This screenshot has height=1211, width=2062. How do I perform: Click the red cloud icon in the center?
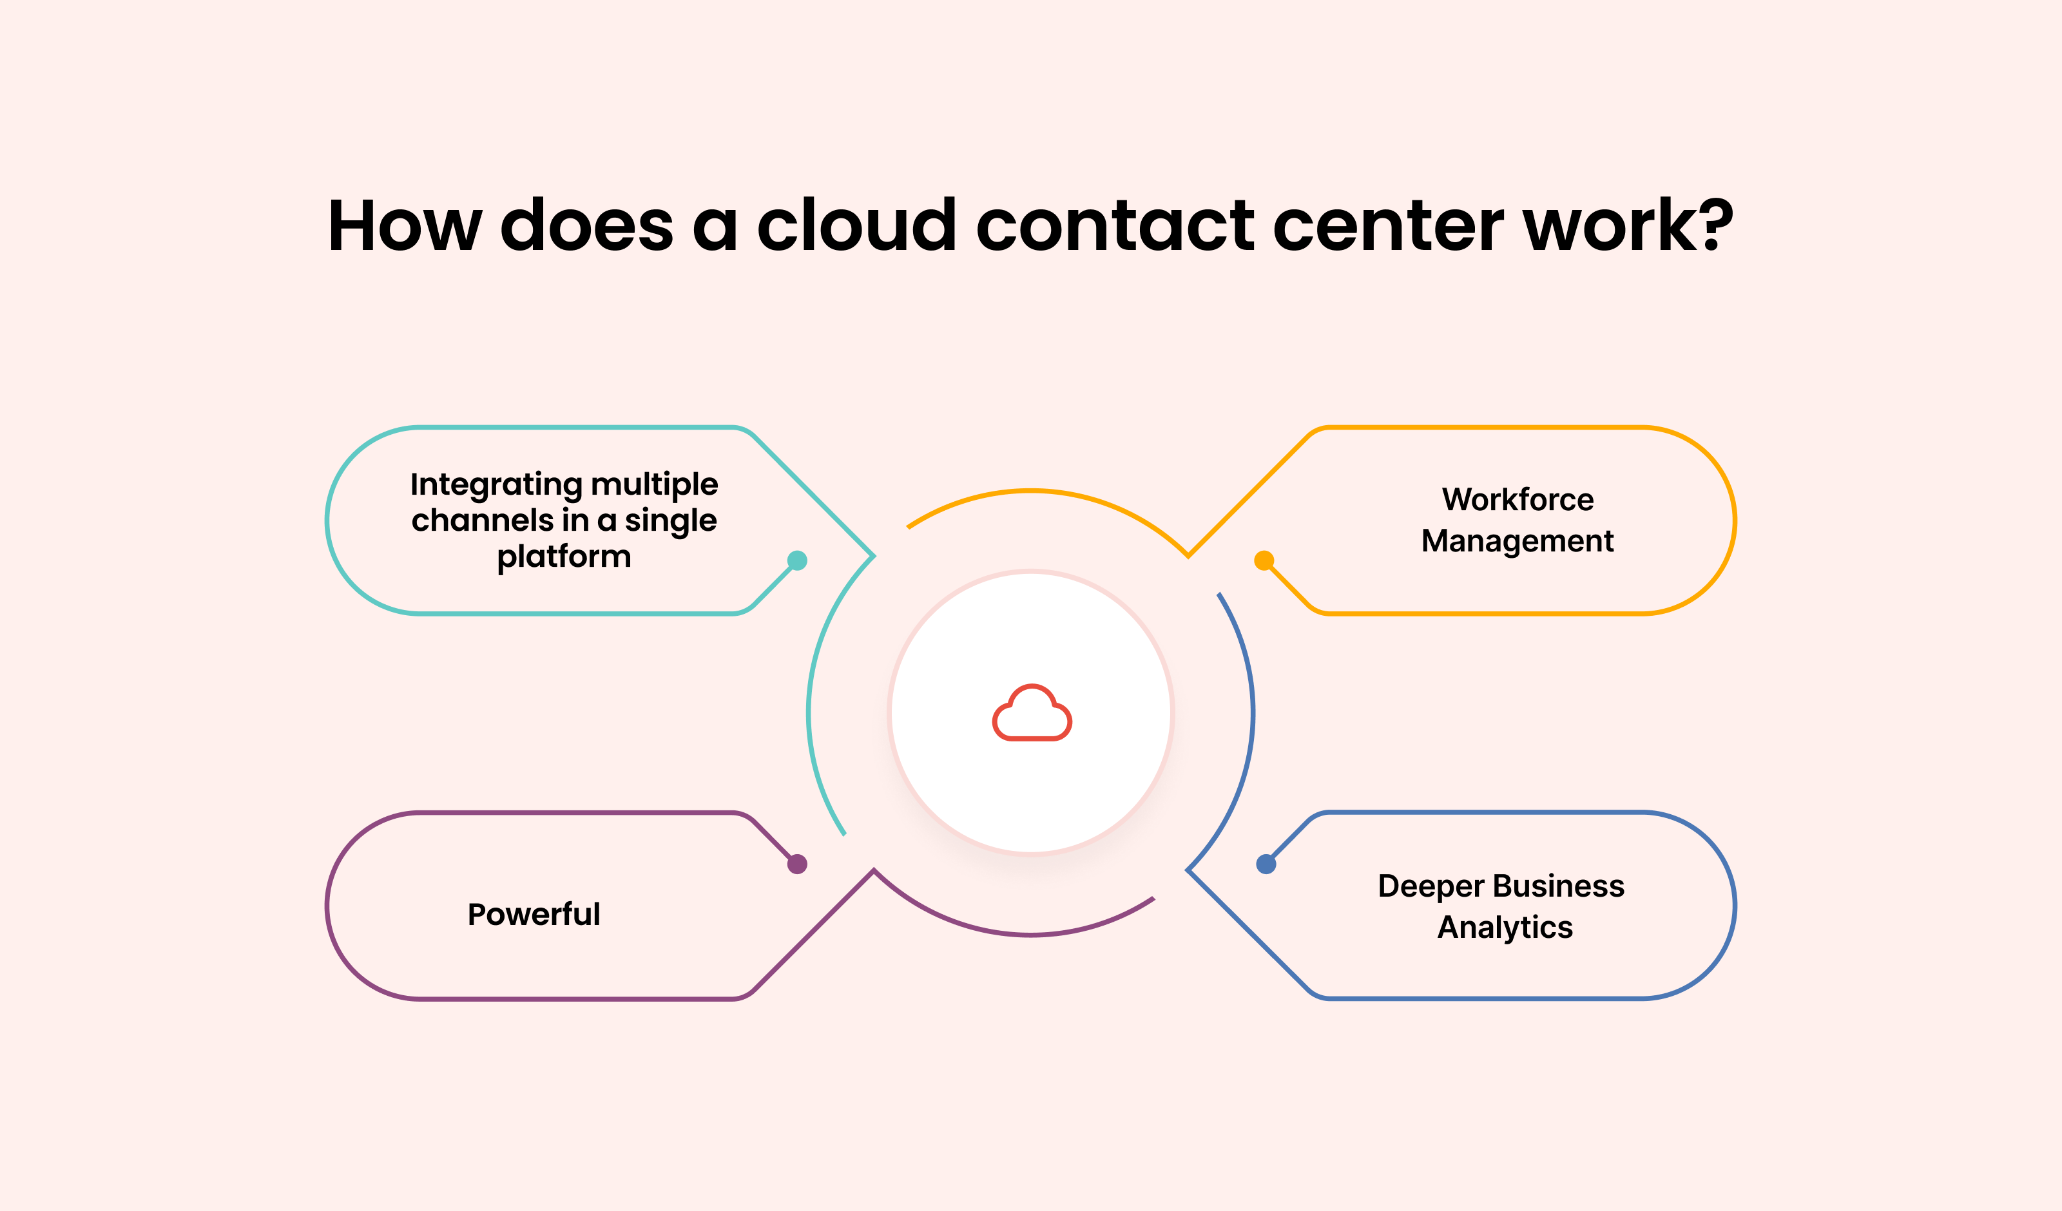[1032, 712]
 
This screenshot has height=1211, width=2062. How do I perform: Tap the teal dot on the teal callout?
[797, 560]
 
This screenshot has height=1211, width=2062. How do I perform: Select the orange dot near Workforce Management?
[1264, 560]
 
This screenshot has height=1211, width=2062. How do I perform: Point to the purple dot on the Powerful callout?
[797, 864]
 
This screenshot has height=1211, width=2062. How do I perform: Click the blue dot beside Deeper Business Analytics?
[1266, 864]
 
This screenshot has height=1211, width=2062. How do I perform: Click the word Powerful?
[534, 914]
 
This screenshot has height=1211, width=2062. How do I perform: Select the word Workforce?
[1518, 499]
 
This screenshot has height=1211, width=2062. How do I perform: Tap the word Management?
[1518, 541]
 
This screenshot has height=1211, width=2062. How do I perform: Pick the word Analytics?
[1506, 928]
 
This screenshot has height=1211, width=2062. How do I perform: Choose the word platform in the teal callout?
[564, 557]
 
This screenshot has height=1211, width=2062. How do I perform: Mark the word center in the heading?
[1389, 226]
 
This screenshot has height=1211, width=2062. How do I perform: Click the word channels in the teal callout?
[483, 520]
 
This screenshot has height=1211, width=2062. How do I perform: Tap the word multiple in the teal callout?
[655, 485]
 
